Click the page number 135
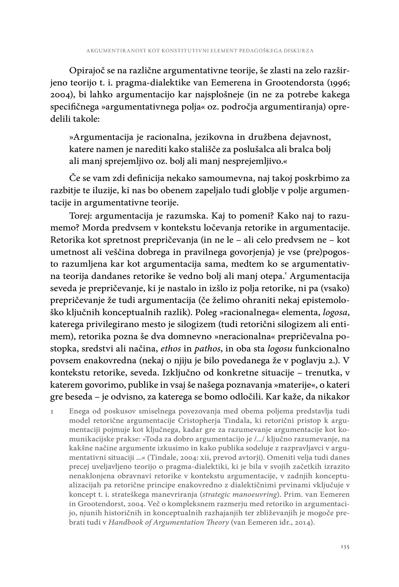coord(345,547)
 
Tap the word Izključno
coord(181,372)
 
